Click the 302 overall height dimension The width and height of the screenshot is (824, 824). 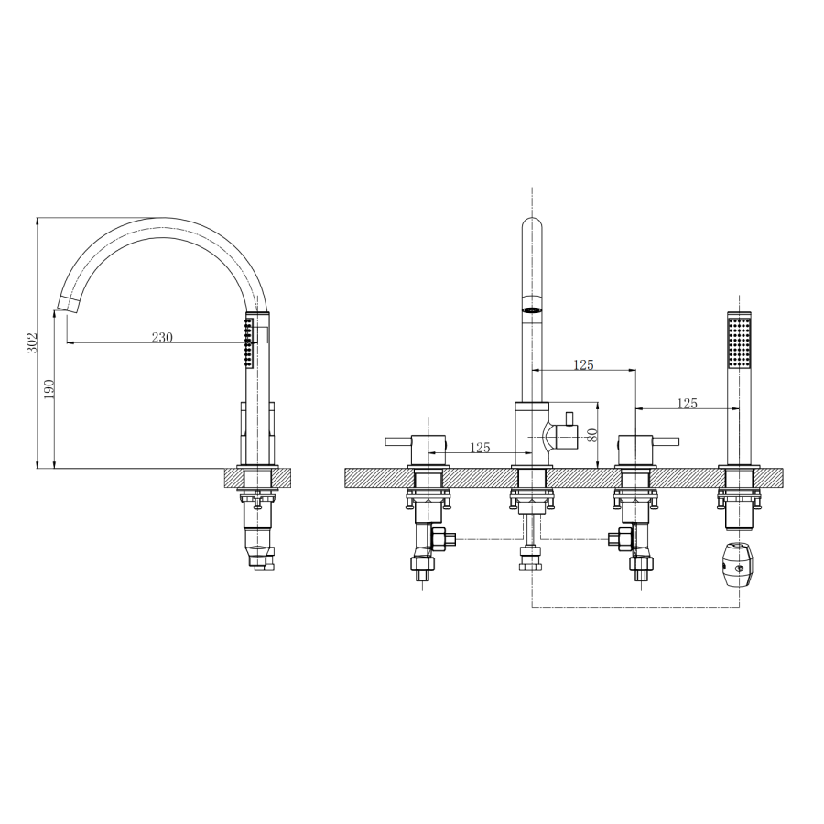pos(33,343)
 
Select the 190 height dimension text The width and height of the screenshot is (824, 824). pos(50,388)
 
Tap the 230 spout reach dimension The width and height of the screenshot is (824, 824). pos(162,337)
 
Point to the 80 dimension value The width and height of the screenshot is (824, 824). pos(592,436)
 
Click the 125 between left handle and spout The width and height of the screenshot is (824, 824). pos(479,448)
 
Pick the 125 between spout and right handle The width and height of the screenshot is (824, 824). pos(583,364)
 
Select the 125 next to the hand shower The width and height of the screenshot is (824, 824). pos(687,403)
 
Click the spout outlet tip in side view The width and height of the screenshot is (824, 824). pos(65,304)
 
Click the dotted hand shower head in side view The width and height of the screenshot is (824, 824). pos(247,343)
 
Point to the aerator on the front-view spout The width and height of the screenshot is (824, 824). pos(531,310)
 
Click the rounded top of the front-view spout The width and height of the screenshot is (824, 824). pos(532,227)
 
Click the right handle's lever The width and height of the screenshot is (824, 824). pos(667,440)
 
